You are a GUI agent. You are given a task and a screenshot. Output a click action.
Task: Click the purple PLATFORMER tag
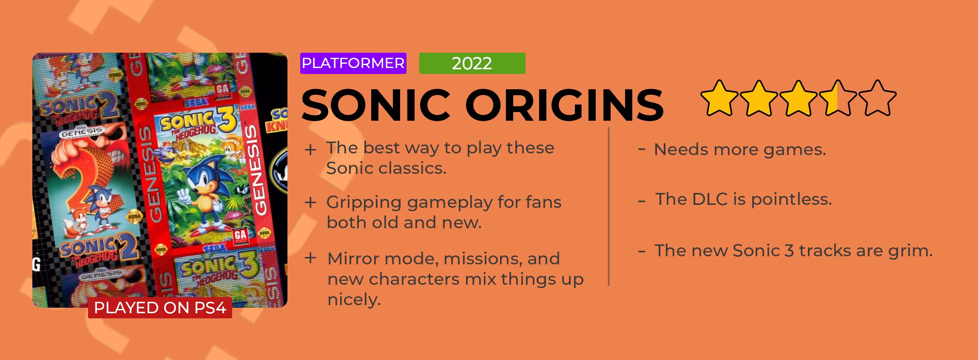[x=353, y=63]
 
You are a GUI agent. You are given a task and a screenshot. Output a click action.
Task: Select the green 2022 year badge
[x=472, y=63]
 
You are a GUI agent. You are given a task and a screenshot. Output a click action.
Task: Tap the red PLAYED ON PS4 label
[x=160, y=308]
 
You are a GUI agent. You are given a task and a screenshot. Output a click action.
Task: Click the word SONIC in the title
[x=376, y=105]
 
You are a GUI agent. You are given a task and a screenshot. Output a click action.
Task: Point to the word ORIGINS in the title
[x=565, y=105]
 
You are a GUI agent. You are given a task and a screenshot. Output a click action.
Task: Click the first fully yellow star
[x=719, y=98]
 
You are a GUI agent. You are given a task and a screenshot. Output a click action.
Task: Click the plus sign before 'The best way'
[x=310, y=150]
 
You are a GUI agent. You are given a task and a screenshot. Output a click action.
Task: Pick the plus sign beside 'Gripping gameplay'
[x=310, y=203]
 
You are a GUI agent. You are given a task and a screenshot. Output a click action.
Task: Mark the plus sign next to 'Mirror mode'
[x=310, y=258]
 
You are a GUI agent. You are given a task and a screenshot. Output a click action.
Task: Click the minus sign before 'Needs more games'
[x=642, y=148]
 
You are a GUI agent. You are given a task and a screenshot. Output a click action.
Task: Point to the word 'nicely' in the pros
[x=354, y=300]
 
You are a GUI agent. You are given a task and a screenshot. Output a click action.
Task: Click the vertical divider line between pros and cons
[x=609, y=207]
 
